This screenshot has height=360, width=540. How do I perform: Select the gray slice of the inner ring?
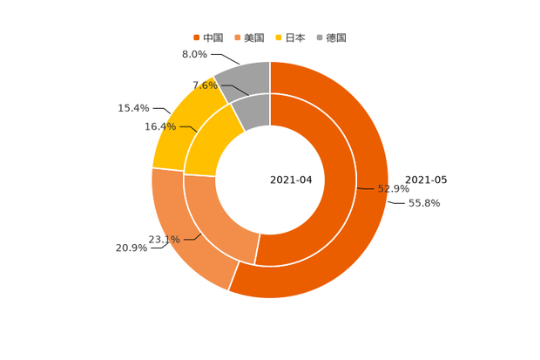(x=253, y=108)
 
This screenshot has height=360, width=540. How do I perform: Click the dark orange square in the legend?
(x=196, y=37)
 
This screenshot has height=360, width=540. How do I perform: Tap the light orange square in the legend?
(x=238, y=37)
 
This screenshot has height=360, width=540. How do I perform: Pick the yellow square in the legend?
(x=280, y=37)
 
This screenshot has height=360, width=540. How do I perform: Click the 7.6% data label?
(x=204, y=85)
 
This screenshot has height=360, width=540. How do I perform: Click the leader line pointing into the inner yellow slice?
(x=189, y=129)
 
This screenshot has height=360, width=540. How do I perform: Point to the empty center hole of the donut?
(x=270, y=180)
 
